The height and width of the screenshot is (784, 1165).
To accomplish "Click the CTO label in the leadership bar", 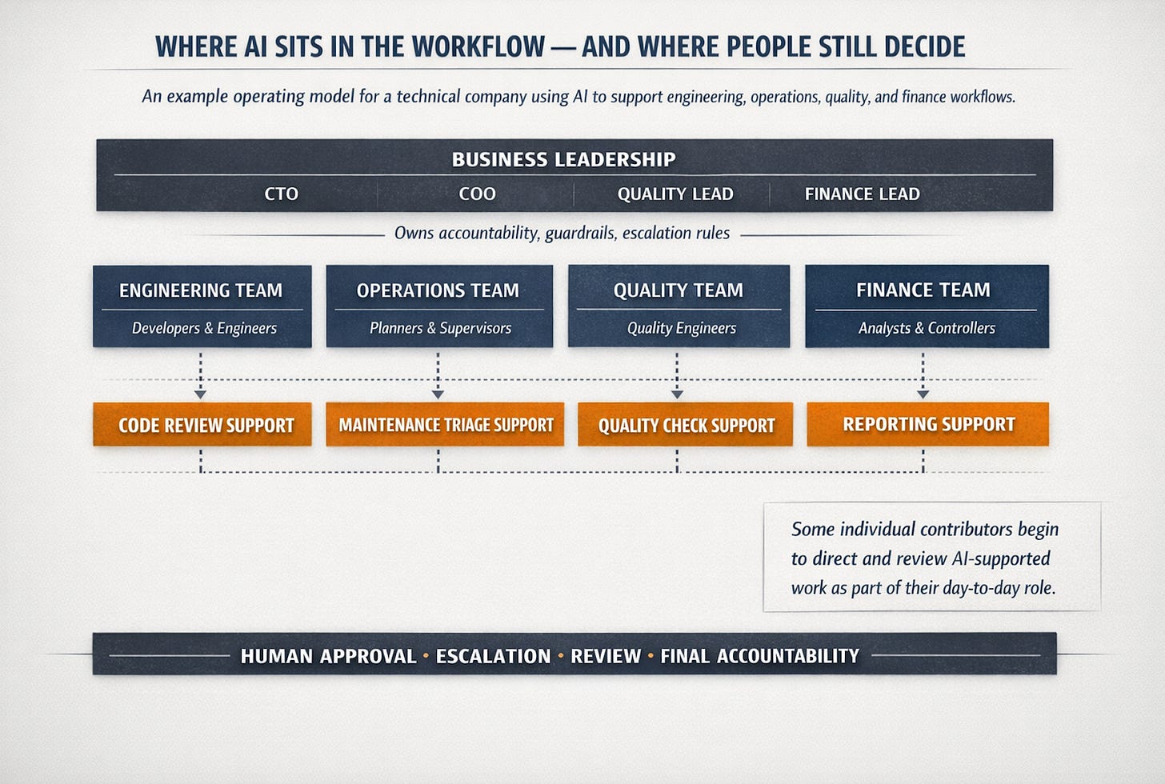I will point(281,194).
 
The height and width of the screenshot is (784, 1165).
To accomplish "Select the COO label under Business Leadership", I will point(477,194).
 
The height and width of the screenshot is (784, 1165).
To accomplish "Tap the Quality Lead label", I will point(675,194).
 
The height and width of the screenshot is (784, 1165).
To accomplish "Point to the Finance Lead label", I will point(862,194).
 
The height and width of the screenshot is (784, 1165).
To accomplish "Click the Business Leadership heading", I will point(563,159).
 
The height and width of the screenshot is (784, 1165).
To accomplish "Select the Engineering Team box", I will point(202,306).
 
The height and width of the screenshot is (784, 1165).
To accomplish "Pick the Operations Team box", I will point(438,306).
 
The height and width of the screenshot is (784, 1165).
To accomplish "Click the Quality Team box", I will point(679,306).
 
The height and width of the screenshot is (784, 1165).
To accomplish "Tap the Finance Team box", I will point(926,306).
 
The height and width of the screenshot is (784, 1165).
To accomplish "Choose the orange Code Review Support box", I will point(202,425).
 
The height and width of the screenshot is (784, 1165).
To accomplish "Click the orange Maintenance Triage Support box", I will point(445,425).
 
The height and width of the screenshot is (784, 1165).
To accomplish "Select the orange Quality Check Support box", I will point(685,425).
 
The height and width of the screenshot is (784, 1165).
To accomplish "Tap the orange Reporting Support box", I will point(927,424).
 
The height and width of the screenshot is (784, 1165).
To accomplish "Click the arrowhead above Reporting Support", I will point(923,394).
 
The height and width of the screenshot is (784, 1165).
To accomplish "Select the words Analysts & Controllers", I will point(927,328).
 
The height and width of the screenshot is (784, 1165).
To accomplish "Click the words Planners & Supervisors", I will point(440,328).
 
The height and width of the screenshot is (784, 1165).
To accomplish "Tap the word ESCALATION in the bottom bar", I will point(493,656).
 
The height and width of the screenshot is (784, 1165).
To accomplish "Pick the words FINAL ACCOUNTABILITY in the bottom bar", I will point(759,656).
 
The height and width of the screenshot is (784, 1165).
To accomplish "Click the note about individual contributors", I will point(931,558).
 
